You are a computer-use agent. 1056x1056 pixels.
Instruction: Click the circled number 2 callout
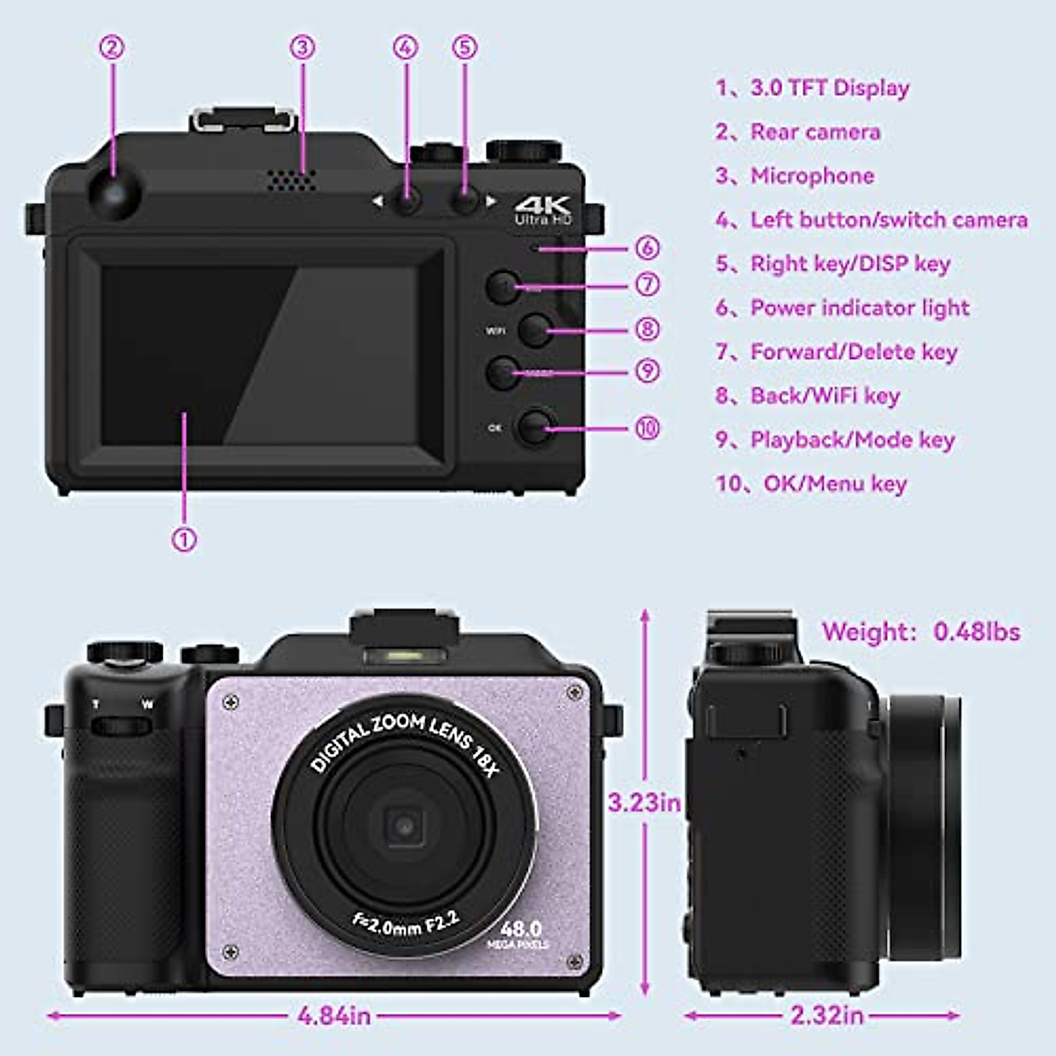pyautogui.click(x=112, y=47)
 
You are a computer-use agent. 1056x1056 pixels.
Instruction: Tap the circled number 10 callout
pyautogui.click(x=647, y=428)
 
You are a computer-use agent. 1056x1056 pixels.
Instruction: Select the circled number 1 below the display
pyautogui.click(x=184, y=539)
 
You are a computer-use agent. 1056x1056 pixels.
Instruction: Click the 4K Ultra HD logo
pyautogui.click(x=542, y=209)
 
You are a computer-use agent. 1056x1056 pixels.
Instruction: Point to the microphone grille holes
pyautogui.click(x=290, y=180)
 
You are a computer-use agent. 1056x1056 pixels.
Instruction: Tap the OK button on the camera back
pyautogui.click(x=534, y=427)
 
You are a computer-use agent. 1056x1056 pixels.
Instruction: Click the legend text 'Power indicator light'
pyautogui.click(x=859, y=308)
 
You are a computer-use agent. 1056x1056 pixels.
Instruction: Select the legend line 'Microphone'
pyautogui.click(x=811, y=176)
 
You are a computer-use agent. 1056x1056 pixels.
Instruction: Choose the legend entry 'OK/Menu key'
pyautogui.click(x=834, y=484)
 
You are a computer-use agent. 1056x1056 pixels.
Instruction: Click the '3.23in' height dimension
pyautogui.click(x=644, y=803)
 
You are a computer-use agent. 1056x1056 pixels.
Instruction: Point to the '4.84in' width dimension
pyautogui.click(x=334, y=1016)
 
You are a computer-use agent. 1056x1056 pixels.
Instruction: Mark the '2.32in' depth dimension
pyautogui.click(x=826, y=1016)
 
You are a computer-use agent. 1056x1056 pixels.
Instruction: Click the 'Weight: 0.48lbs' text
pyautogui.click(x=920, y=632)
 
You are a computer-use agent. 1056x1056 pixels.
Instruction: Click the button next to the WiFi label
pyautogui.click(x=534, y=330)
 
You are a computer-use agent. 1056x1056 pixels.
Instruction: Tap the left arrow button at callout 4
pyautogui.click(x=406, y=202)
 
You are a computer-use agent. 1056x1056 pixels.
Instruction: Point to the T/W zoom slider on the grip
pyautogui.click(x=121, y=725)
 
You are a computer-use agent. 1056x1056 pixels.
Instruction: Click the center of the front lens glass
pyautogui.click(x=404, y=825)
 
